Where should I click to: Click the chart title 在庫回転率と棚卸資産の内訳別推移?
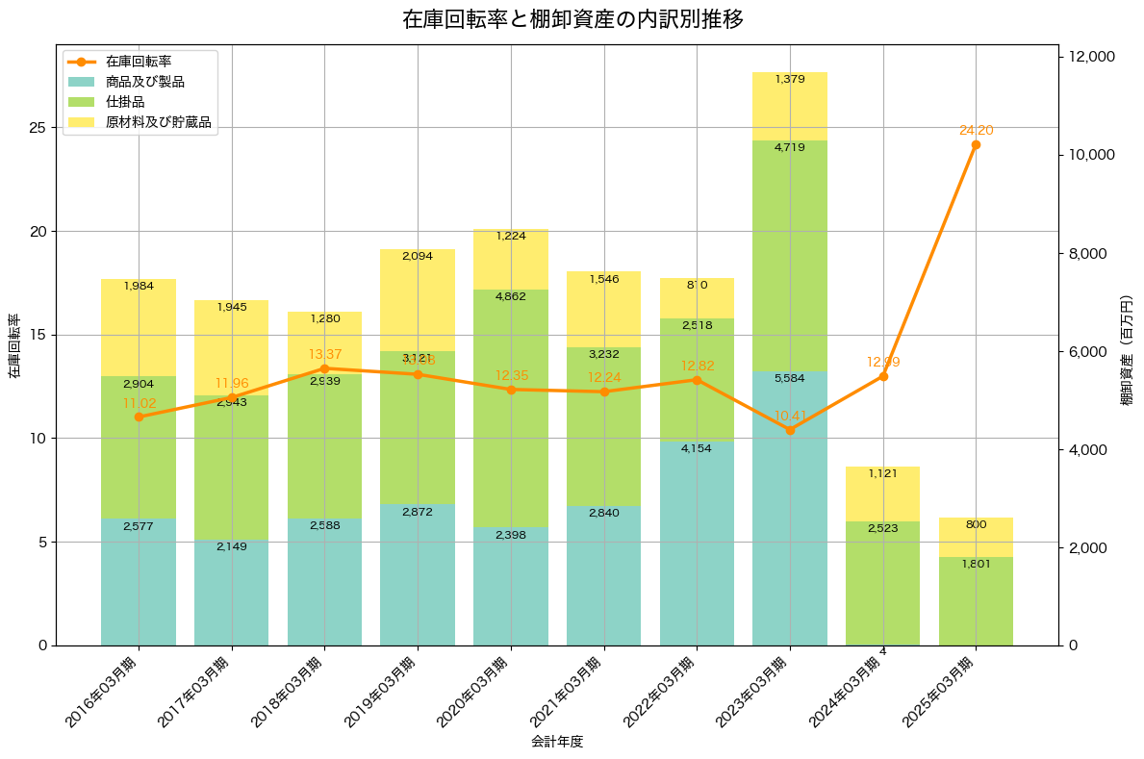572,19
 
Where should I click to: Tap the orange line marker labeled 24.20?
976,144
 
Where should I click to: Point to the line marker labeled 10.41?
790,430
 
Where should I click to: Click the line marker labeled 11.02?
139,417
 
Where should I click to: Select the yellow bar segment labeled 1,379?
790,107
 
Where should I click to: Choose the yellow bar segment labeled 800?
976,537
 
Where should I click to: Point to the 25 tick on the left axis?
36,128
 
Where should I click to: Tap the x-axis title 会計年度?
557,742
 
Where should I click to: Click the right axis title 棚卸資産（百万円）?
1127,350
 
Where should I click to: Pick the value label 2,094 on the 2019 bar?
418,256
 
